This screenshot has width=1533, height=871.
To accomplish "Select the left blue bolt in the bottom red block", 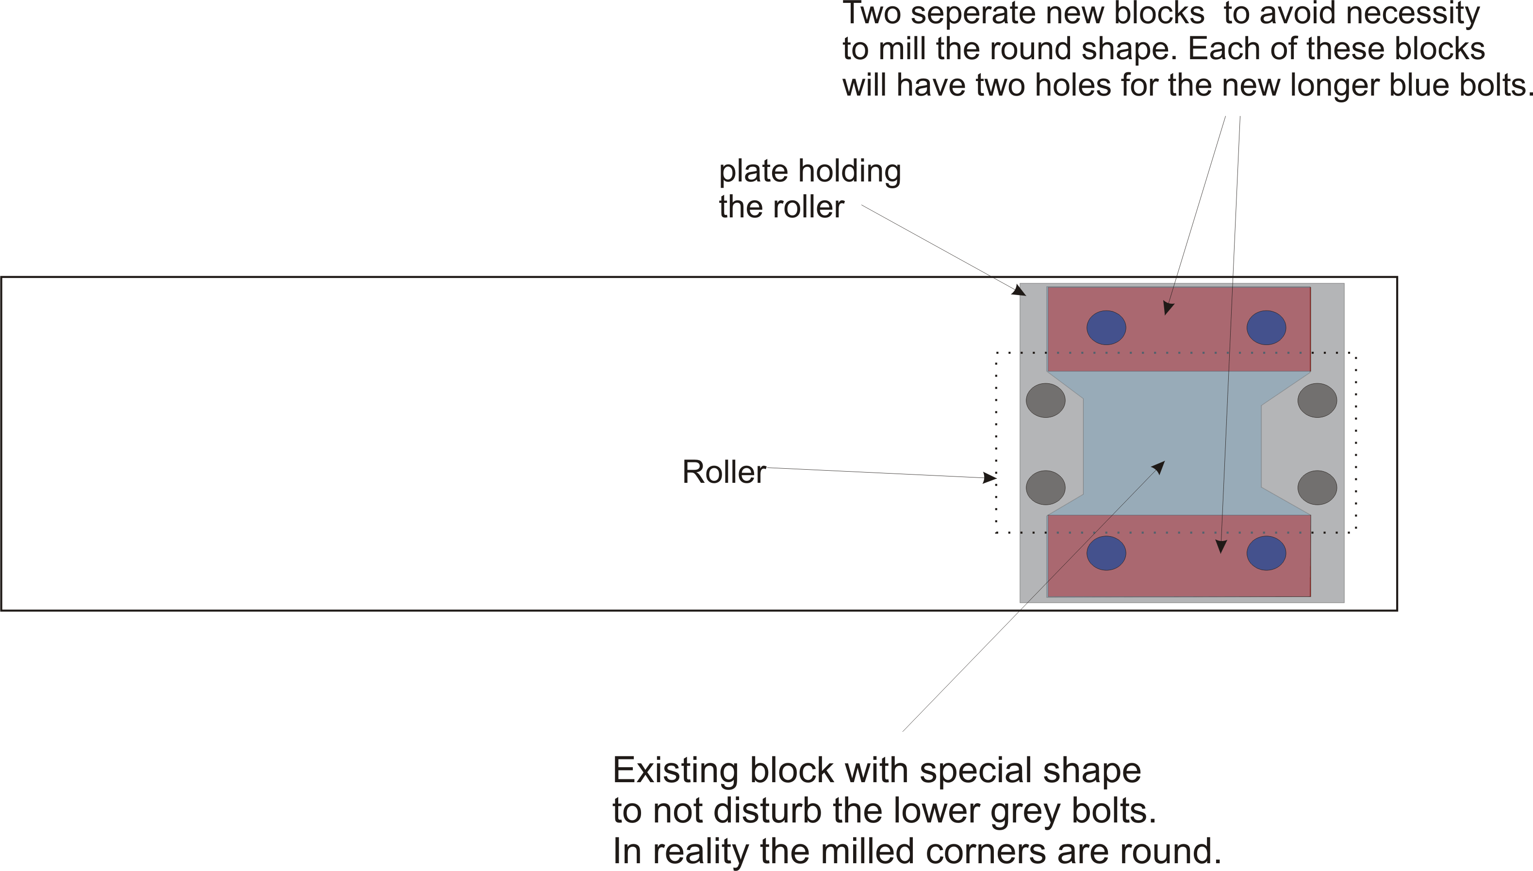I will (x=1106, y=553).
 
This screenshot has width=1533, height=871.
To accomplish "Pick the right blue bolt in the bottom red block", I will (x=1266, y=553).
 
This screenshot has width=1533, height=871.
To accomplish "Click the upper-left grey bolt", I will (x=1045, y=400).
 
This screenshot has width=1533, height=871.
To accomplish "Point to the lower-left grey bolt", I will (x=1045, y=488).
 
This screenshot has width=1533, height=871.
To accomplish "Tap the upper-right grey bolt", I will (x=1317, y=400).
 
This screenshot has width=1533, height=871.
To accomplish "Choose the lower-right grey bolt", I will (x=1317, y=488).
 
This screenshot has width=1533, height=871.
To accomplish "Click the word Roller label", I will (x=724, y=472).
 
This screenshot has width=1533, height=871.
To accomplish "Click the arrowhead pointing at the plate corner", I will (x=1020, y=291).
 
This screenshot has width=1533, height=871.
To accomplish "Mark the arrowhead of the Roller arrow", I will (x=990, y=477).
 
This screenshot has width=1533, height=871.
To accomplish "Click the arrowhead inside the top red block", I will (x=1168, y=308).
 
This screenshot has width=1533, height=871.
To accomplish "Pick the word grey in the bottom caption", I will (x=1027, y=811).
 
